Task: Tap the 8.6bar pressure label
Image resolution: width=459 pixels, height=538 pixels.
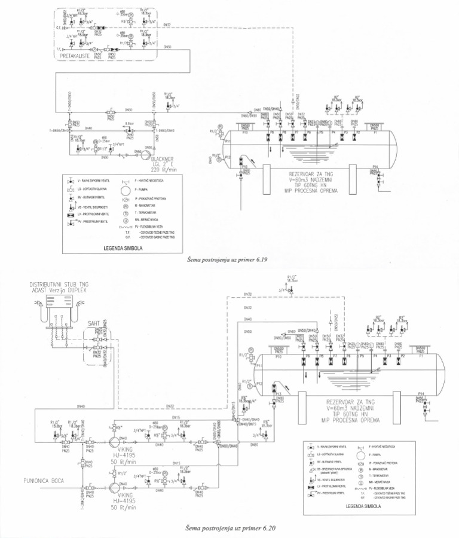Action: (128, 124)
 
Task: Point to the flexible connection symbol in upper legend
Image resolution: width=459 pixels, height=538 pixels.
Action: (126, 228)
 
